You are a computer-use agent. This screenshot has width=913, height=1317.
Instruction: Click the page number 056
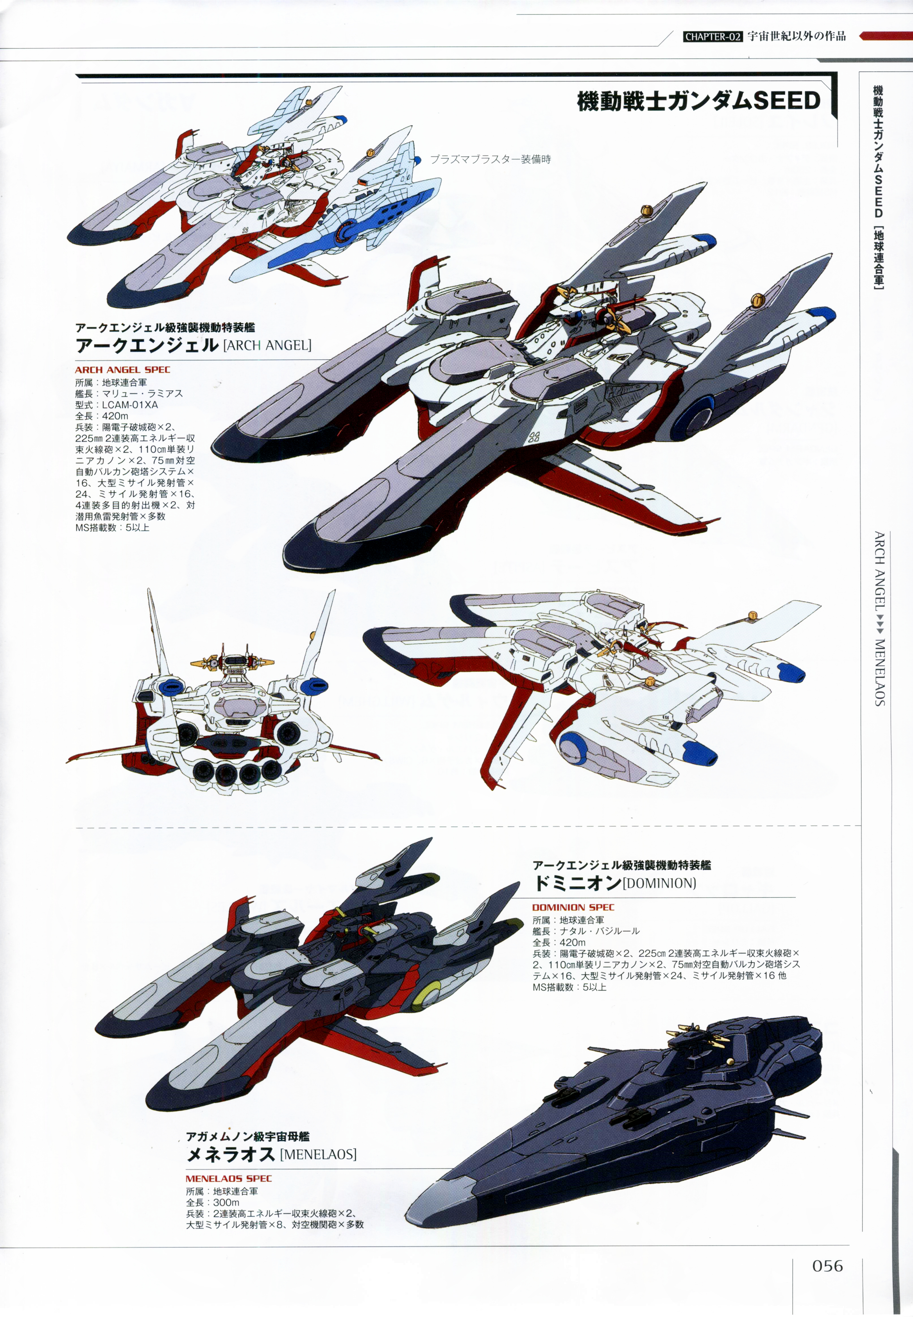pos(827,1265)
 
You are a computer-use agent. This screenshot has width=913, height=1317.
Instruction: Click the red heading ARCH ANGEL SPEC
pos(122,370)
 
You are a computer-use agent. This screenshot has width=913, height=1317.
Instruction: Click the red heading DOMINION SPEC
pos(573,907)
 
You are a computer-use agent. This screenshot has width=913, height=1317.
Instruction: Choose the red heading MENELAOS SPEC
pos(229,1178)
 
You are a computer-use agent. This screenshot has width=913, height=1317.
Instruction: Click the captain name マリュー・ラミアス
pos(143,394)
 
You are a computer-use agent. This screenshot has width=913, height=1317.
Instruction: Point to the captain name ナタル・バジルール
pos(600,931)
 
